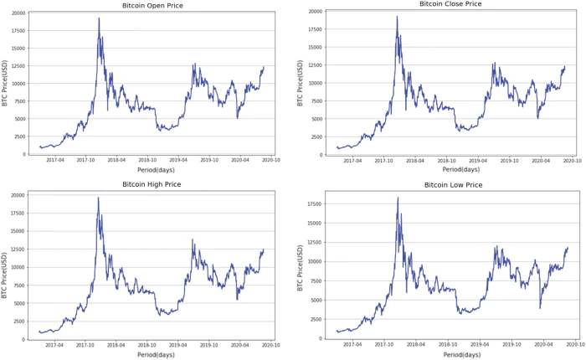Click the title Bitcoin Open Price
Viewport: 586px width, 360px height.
(152, 6)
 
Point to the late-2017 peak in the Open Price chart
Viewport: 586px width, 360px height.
(99, 18)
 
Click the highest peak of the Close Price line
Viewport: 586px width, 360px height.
(397, 17)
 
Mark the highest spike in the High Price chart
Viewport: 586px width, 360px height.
(98, 198)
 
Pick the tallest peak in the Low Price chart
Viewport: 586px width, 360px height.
(397, 198)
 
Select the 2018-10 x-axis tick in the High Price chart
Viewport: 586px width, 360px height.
(146, 344)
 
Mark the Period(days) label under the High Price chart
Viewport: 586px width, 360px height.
(153, 353)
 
